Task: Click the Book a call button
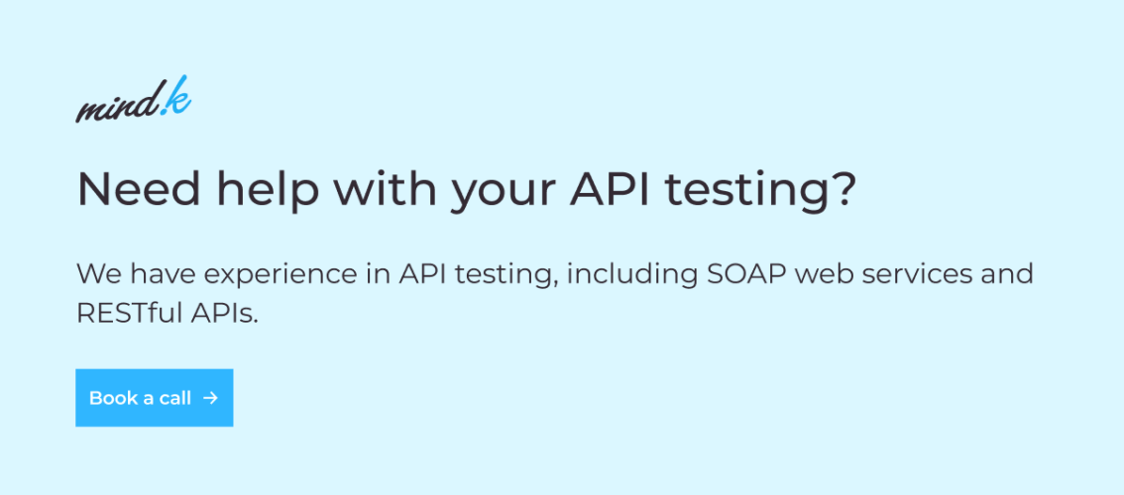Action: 154,398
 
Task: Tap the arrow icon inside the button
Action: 210,398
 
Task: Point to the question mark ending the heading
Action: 843,189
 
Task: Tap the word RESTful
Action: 132,313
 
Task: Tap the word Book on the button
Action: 113,398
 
